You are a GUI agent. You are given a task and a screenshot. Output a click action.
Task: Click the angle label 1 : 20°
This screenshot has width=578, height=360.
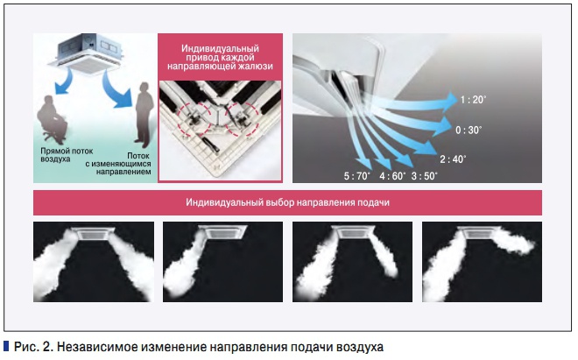pos(473,100)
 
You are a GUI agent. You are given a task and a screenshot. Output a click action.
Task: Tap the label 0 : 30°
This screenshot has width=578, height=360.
pos(469,131)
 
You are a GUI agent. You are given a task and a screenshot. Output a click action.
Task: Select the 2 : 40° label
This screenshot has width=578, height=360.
pos(453,159)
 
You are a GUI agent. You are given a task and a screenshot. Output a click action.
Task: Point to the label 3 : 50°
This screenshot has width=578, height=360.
pos(424,176)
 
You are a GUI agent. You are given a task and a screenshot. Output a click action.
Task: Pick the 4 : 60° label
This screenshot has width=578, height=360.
pos(392,176)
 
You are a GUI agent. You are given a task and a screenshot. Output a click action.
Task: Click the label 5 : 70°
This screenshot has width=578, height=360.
pos(357,176)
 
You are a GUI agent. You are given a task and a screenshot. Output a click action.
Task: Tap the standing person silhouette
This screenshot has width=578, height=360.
pos(144,112)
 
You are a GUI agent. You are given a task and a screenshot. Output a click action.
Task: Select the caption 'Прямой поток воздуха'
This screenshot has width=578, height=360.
pos(67,155)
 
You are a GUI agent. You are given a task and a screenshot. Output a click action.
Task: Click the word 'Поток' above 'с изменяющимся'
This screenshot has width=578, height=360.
pos(137,156)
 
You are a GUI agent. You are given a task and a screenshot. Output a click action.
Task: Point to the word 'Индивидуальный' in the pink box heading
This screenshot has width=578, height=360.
pos(220,49)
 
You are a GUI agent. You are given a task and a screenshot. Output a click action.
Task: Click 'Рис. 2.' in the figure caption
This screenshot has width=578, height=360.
pos(33,347)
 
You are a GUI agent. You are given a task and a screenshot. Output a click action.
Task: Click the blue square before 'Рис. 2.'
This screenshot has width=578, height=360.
pos(6,346)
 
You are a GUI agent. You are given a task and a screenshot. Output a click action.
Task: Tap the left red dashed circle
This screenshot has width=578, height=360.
pos(194,120)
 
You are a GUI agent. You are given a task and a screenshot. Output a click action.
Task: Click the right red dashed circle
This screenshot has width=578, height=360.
pos(243,119)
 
